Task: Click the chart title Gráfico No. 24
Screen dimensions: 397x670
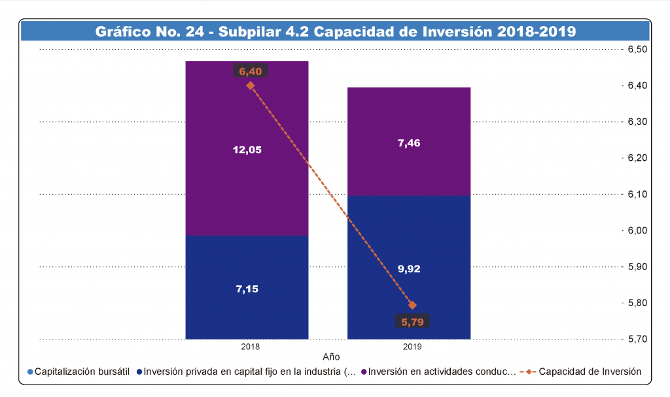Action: click(335, 31)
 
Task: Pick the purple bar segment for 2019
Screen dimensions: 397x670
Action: click(409, 164)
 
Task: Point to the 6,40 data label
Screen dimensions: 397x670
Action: click(250, 71)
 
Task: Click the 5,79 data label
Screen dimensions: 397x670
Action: click(413, 321)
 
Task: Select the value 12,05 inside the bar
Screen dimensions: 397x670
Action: click(247, 150)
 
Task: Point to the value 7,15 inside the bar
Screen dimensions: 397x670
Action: click(247, 289)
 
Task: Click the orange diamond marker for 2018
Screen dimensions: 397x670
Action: click(250, 85)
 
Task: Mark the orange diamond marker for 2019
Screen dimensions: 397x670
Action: click(412, 305)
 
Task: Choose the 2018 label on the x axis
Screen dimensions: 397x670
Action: click(250, 346)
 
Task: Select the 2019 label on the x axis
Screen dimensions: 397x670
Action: click(412, 346)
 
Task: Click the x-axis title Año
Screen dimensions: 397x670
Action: click(332, 357)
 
